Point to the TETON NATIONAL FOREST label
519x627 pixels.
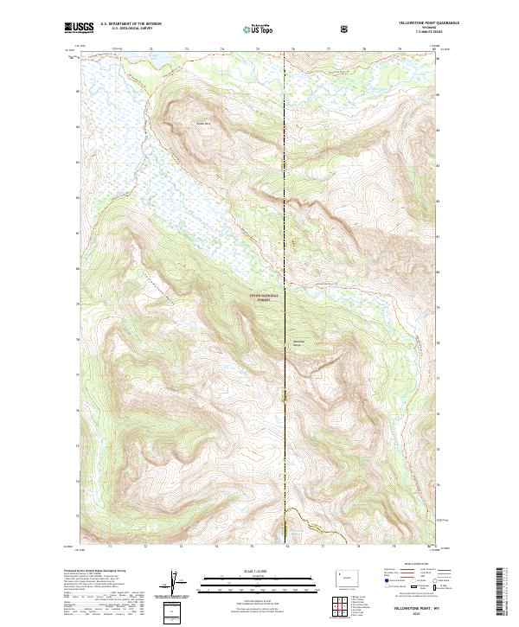click(266, 297)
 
